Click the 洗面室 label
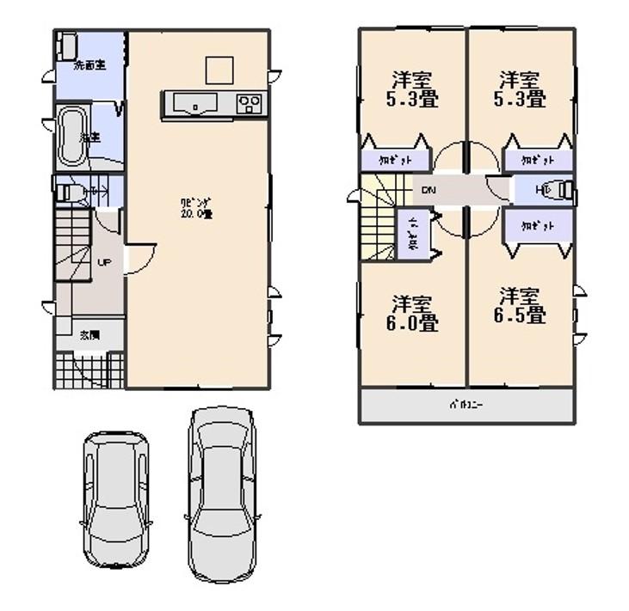89,65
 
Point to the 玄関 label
89,334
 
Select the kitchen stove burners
250,105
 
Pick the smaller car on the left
115,498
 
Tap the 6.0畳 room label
413,314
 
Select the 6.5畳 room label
521,305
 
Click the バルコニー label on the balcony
466,405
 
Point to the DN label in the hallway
428,191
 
